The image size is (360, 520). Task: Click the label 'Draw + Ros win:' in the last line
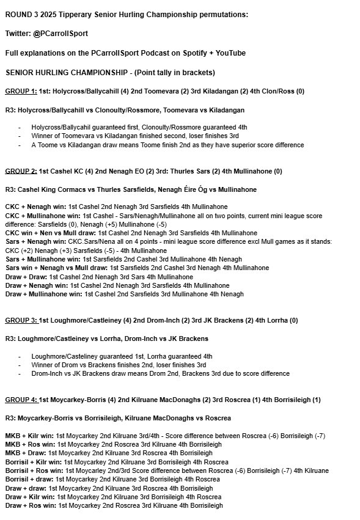pos(30,506)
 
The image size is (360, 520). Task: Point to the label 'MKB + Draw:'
pos(25,453)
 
